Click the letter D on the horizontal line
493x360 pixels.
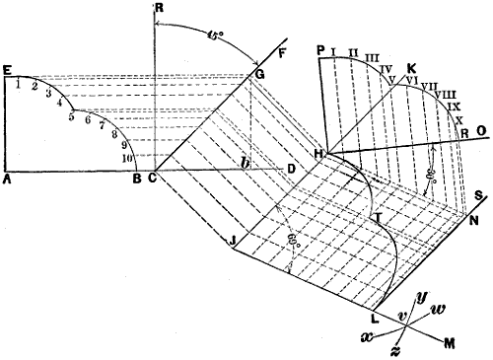coord(291,170)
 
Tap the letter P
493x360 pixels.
coord(321,48)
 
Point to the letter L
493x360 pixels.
coord(374,319)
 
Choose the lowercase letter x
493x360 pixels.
coord(367,336)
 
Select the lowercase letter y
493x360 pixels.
coord(424,295)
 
